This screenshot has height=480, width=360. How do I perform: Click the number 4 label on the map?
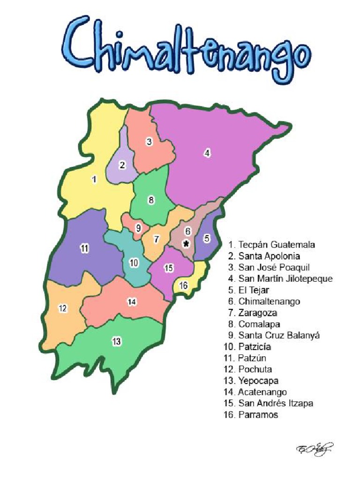pyautogui.click(x=207, y=152)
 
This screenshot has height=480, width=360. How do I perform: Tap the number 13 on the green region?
pyautogui.click(x=117, y=342)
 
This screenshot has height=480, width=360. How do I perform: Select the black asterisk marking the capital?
pyautogui.click(x=187, y=243)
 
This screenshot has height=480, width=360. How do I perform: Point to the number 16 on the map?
pyautogui.click(x=184, y=285)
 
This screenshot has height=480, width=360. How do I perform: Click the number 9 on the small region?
pyautogui.click(x=138, y=228)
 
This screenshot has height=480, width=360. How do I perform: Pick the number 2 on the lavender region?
pyautogui.click(x=122, y=165)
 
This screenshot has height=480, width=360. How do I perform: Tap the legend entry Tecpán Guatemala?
pyautogui.click(x=272, y=245)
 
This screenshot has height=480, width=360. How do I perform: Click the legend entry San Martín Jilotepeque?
pyautogui.click(x=280, y=279)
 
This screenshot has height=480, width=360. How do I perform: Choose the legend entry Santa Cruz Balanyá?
pyautogui.click(x=274, y=336)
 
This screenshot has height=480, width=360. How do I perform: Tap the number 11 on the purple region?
pyautogui.click(x=84, y=249)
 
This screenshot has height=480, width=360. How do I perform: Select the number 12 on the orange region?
pyautogui.click(x=63, y=308)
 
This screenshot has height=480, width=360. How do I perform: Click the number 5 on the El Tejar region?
pyautogui.click(x=207, y=239)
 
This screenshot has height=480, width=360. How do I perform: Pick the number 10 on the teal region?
pyautogui.click(x=134, y=263)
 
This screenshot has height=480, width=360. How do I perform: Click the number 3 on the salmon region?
pyautogui.click(x=149, y=142)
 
